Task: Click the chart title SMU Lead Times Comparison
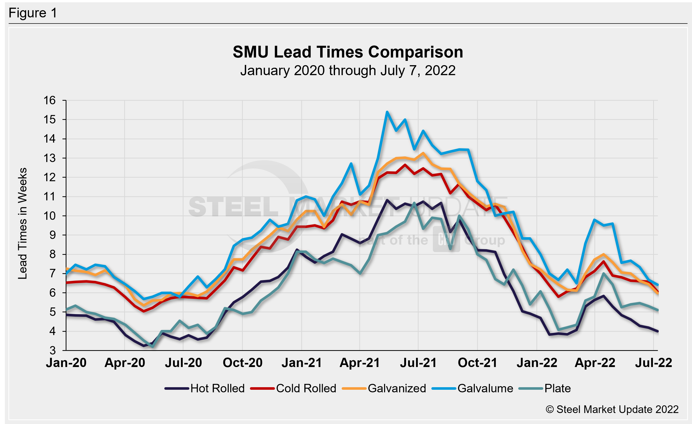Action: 348,52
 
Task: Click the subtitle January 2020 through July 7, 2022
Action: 348,71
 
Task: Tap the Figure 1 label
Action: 33,13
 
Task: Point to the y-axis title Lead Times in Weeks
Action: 22,224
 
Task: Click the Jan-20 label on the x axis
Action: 66,363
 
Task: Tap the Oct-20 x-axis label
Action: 242,363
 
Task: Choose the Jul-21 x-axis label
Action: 418,363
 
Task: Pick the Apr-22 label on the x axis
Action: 595,363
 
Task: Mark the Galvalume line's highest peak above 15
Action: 387,112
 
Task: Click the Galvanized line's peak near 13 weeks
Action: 423,153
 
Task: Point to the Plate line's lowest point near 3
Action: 153,347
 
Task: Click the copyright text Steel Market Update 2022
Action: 612,409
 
